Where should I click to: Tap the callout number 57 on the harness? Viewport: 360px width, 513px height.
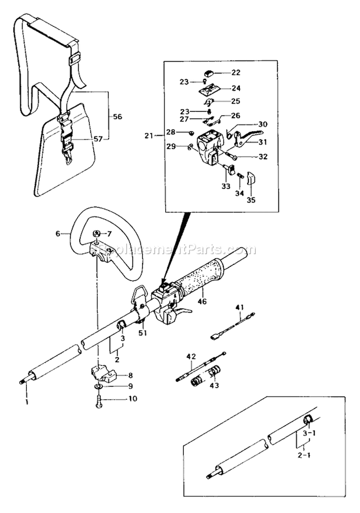(98, 139)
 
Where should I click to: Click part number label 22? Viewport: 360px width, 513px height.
(236, 73)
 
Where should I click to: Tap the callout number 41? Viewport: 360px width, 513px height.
(240, 306)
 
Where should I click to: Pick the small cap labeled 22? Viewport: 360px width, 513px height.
(209, 73)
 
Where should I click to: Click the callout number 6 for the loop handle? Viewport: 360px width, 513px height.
(58, 233)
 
